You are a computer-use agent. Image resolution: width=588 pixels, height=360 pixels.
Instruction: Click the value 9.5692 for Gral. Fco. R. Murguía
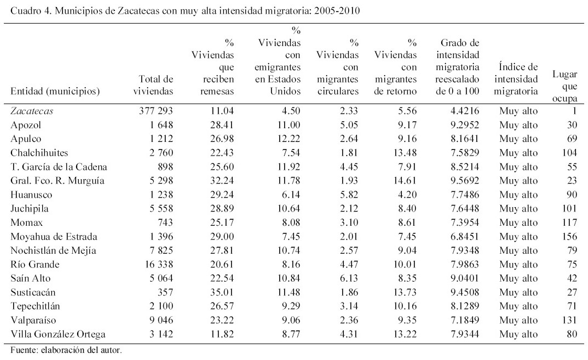[x=458, y=181]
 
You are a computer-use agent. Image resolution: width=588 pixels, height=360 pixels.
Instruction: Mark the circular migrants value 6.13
[x=348, y=279]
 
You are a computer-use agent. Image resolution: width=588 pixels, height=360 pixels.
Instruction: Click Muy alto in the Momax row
[x=518, y=223]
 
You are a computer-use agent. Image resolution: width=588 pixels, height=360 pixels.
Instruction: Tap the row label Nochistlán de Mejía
[x=48, y=251]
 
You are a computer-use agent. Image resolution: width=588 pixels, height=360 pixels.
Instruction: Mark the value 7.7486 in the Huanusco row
[x=458, y=195]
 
